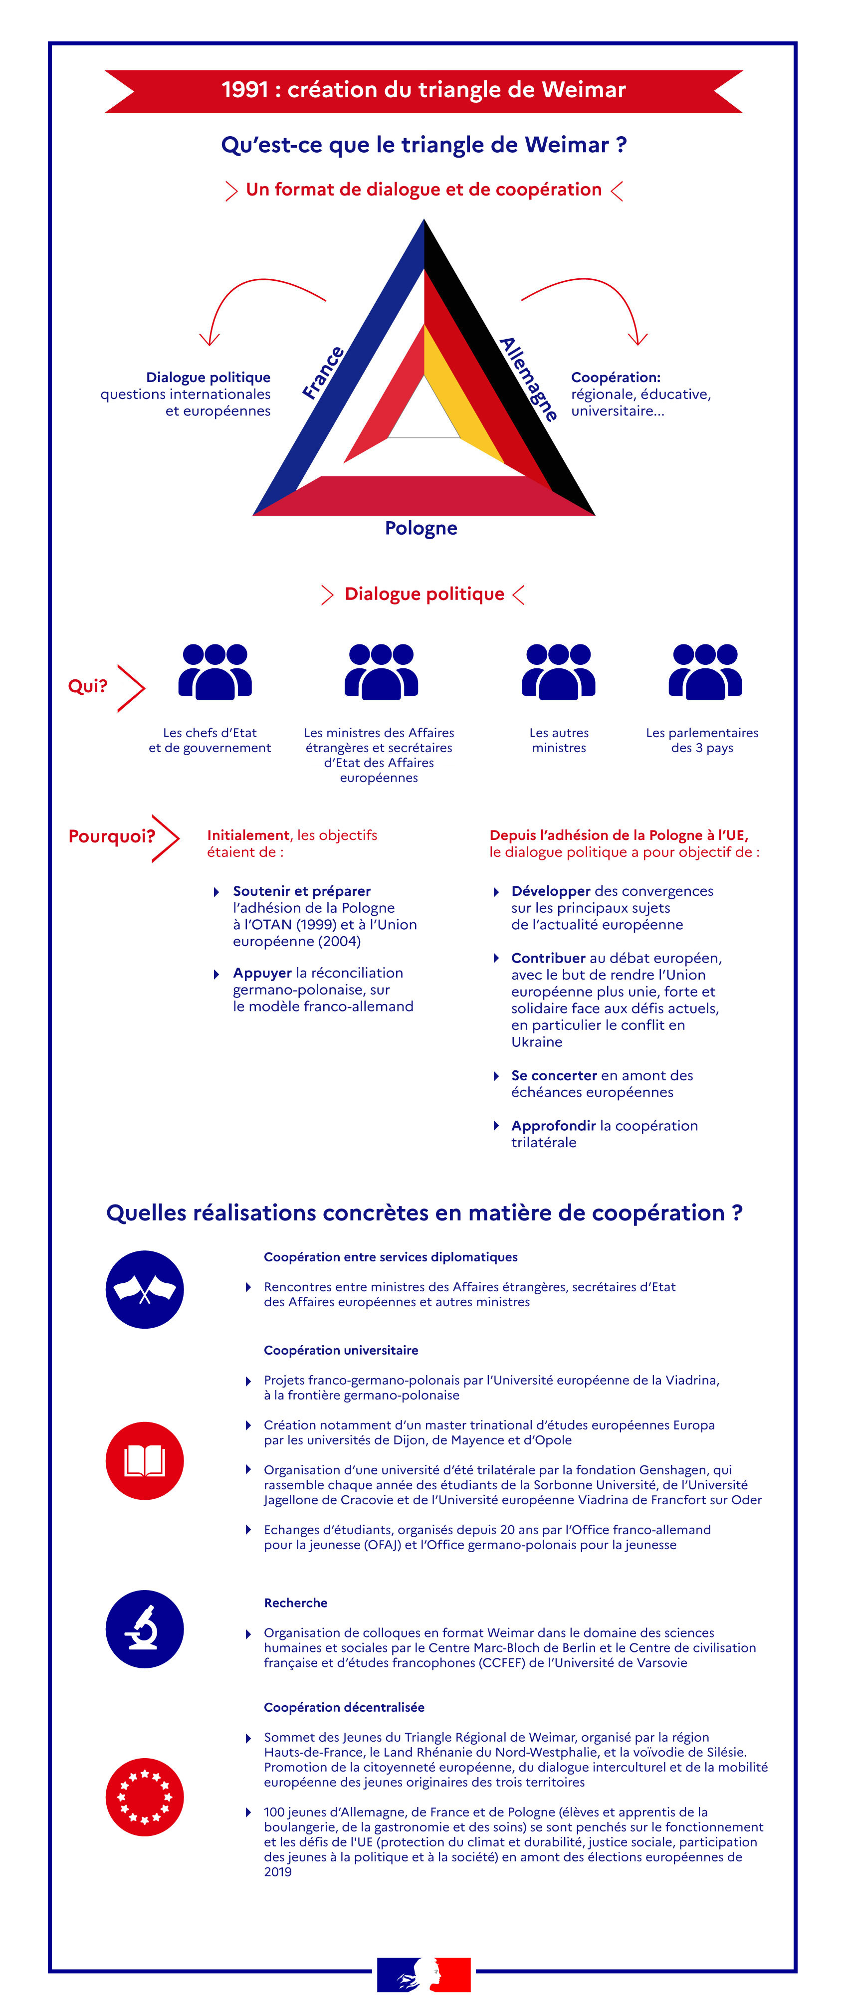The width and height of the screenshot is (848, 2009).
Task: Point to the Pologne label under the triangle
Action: point(422,528)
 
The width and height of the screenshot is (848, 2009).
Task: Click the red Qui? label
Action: point(87,686)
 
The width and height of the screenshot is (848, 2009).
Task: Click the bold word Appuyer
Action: point(262,973)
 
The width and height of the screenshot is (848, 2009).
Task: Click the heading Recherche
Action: point(296,1603)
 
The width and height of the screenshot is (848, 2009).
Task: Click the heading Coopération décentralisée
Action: point(344,1707)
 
